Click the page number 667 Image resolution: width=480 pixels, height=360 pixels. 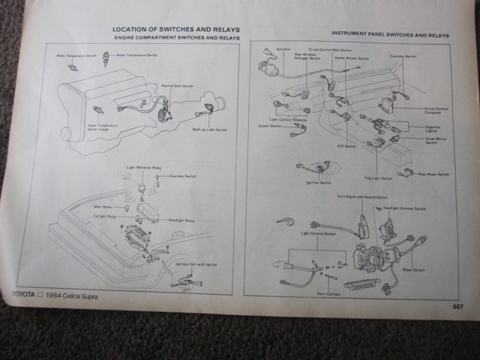tap(457, 306)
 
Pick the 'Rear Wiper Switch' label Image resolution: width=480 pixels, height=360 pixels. tap(432, 174)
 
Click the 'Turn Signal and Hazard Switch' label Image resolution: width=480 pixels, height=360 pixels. tap(363, 196)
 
